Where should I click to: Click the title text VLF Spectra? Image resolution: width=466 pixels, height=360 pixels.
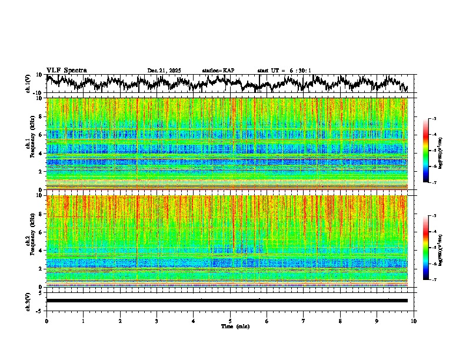66,71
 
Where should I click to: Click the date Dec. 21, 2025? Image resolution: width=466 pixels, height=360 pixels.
164,71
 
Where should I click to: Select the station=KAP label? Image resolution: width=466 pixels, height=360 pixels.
218,71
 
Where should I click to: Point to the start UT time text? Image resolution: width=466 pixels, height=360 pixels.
284,71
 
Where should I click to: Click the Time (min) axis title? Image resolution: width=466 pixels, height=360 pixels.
235,326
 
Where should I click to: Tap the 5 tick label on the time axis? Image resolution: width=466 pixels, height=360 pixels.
230,321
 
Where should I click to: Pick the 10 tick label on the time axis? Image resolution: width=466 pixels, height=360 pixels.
414,321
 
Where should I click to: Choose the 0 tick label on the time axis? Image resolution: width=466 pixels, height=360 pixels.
46,321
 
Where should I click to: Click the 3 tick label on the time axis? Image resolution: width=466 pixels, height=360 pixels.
157,321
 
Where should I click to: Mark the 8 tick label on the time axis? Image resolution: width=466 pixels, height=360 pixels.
340,321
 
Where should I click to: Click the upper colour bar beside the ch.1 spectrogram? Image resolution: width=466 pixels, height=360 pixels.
427,151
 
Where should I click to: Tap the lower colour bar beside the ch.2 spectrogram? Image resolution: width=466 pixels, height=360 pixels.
427,248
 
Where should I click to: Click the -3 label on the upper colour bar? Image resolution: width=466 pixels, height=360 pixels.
433,119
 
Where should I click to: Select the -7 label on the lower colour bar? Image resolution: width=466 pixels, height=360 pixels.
433,280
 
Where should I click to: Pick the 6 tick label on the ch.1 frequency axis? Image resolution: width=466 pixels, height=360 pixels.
41,135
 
